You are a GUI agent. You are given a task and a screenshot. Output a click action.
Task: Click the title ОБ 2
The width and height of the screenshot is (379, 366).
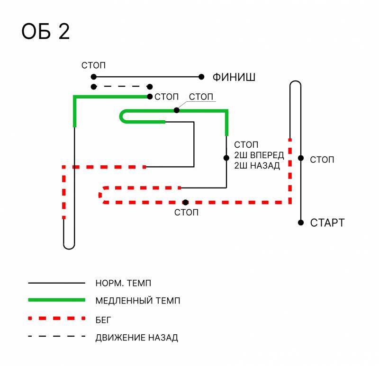click(45, 32)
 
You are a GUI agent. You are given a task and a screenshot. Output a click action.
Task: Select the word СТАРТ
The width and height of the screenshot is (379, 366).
click(327, 223)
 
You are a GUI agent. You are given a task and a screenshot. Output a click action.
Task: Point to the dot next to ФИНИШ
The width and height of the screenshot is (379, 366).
click(201, 77)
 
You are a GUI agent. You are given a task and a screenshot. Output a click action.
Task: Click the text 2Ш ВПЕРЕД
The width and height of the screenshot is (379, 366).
click(259, 155)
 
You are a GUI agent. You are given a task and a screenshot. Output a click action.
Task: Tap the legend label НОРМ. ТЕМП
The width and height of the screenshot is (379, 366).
click(123, 283)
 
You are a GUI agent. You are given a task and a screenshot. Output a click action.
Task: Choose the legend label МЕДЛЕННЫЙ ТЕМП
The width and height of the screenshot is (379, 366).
click(138, 301)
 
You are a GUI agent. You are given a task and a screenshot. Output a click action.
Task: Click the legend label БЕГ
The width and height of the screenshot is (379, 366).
click(103, 319)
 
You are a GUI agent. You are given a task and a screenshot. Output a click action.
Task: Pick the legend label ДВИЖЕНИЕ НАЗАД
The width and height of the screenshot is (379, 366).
click(136, 338)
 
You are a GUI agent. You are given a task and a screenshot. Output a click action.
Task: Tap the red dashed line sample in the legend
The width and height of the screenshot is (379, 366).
click(56, 318)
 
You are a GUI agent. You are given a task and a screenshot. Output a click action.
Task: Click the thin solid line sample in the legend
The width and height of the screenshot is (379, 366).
click(56, 283)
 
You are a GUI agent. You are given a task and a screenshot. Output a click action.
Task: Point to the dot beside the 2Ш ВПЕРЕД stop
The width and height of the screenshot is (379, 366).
click(226, 158)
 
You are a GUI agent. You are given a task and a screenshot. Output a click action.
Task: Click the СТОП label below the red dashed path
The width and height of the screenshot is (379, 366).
click(186, 212)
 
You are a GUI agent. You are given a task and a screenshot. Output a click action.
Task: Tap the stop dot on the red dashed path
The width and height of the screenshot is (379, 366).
click(185, 202)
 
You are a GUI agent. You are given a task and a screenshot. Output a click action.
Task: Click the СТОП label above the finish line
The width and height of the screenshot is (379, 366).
click(93, 65)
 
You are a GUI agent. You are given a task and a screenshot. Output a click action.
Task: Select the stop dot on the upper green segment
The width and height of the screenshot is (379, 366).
click(176, 110)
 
